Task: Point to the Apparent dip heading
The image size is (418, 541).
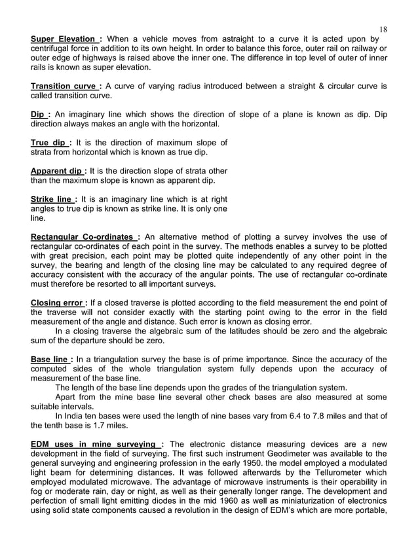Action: (x=57, y=171)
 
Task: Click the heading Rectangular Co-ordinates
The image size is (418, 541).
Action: (x=83, y=237)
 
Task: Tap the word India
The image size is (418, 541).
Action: (x=75, y=415)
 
